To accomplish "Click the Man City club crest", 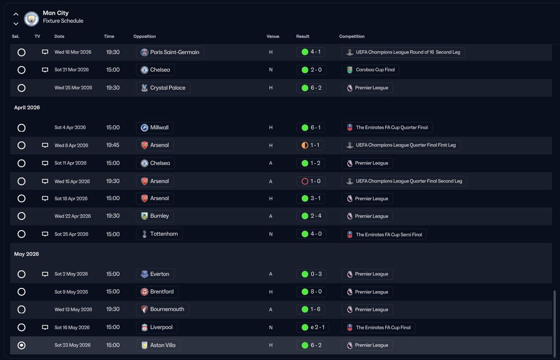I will click(31, 19).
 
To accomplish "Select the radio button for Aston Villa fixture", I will click(21, 345).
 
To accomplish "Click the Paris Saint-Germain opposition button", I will click(170, 52).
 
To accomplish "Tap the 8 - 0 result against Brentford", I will click(311, 292).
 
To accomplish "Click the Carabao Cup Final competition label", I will click(371, 70).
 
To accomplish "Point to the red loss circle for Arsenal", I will click(305, 181).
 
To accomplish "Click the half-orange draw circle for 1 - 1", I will click(305, 145).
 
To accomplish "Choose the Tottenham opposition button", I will click(160, 234).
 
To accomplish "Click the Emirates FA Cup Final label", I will click(378, 328).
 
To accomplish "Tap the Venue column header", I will click(273, 37).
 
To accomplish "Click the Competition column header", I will click(351, 37).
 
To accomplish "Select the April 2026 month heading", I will click(27, 108).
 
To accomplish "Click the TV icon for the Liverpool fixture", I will click(45, 328).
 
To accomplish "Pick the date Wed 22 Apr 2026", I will click(73, 216).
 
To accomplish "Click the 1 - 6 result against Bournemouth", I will click(311, 309).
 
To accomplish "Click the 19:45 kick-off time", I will click(112, 145).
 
